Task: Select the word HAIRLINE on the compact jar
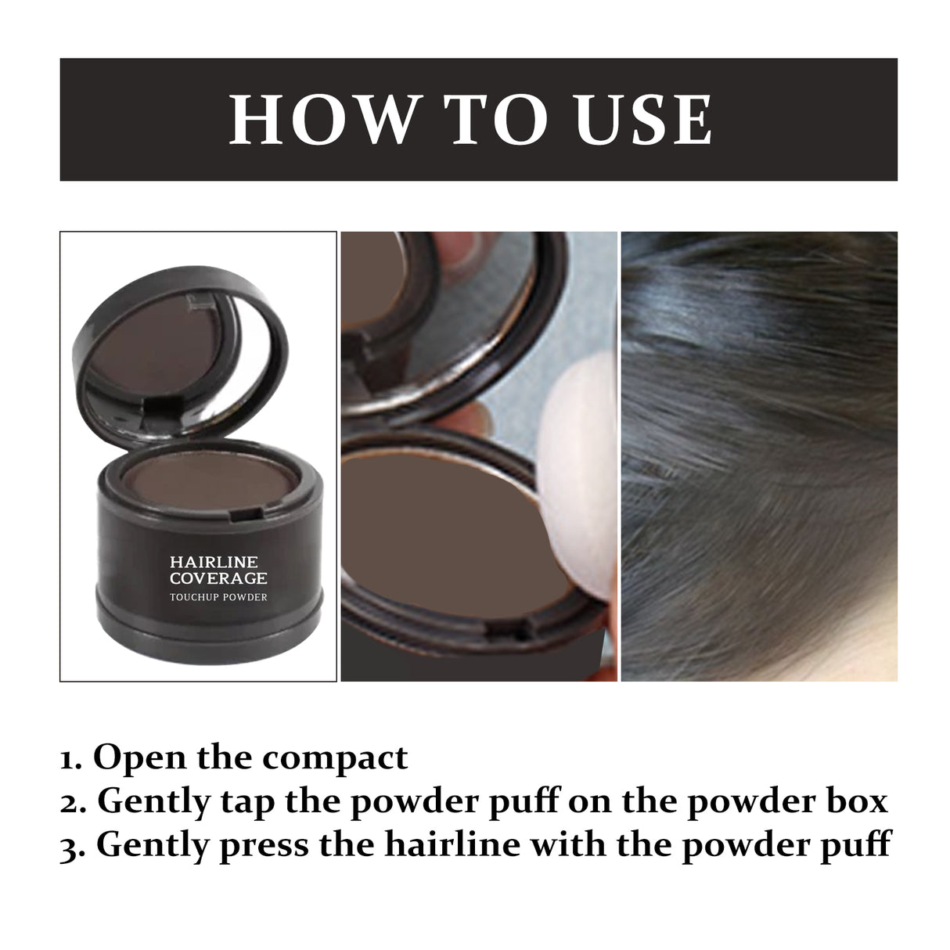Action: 214,562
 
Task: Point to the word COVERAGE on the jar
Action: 218,579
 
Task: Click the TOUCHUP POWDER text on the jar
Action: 218,597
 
